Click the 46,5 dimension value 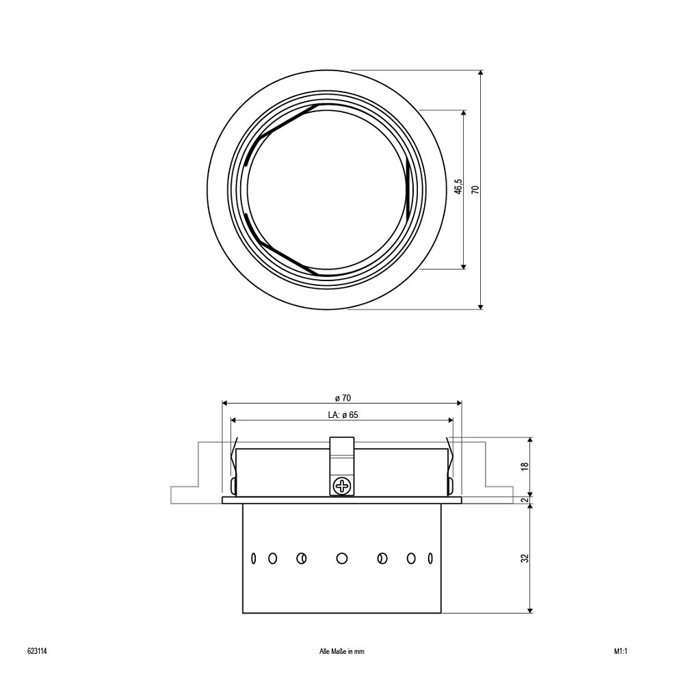click(458, 186)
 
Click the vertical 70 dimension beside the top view click(476, 189)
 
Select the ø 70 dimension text click(343, 398)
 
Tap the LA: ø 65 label click(343, 415)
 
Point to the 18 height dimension click(525, 466)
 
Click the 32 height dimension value click(525, 558)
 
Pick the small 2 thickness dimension click(525, 500)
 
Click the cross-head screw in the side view click(342, 486)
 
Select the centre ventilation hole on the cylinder click(342, 558)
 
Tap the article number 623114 click(37, 652)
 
